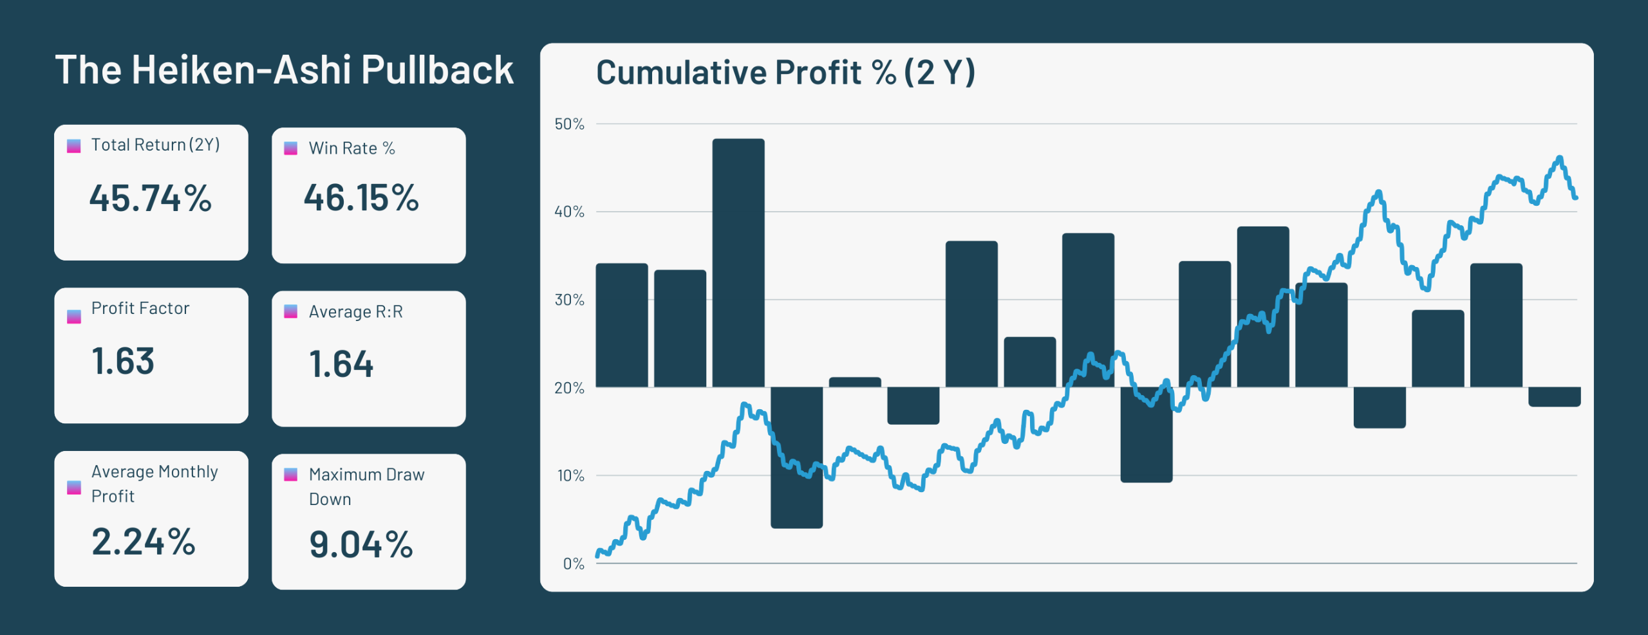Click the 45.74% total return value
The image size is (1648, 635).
[151, 198]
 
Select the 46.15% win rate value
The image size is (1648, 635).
[361, 198]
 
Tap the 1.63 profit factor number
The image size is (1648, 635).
[123, 361]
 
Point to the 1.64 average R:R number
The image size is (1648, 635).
[341, 364]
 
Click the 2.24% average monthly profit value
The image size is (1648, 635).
[144, 542]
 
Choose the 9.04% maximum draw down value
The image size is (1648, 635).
[361, 545]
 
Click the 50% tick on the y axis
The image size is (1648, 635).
[570, 124]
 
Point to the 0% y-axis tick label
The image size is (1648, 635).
[574, 564]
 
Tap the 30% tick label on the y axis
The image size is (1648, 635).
[570, 300]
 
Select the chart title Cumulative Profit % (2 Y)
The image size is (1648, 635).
[785, 72]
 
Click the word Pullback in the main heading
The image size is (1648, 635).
[437, 69]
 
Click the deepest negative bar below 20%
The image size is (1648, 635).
[796, 457]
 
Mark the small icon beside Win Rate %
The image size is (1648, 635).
[291, 149]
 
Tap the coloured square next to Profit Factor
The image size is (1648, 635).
[74, 317]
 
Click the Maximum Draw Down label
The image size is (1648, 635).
[366, 486]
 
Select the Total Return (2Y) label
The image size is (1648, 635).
[155, 145]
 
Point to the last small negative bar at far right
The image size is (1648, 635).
[1554, 397]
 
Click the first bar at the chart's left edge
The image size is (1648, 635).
[622, 325]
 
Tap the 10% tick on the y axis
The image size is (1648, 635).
[571, 476]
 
